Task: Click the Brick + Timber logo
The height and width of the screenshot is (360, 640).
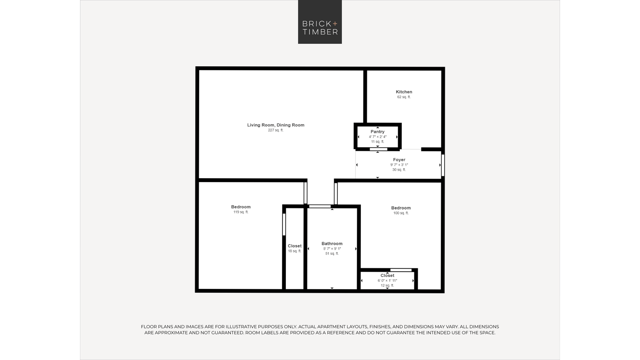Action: point(320,22)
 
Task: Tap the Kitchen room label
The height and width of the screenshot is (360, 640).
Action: point(404,92)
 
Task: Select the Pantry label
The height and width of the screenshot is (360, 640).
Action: point(378,132)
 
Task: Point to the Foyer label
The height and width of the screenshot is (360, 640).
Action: point(399,160)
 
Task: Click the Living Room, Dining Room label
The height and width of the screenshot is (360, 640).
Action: point(276,125)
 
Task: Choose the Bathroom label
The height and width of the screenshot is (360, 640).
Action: point(332,244)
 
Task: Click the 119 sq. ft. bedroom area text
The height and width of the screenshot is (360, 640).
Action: point(241,212)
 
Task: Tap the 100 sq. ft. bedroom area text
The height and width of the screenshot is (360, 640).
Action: point(401,213)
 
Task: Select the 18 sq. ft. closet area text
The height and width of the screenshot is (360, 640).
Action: point(294,251)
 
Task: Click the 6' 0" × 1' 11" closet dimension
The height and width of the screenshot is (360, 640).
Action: point(387,281)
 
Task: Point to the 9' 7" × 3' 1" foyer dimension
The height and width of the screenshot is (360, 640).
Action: point(399,165)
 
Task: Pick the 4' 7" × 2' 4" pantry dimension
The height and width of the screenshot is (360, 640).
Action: point(378,137)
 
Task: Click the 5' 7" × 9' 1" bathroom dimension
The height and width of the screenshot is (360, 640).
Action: point(332,249)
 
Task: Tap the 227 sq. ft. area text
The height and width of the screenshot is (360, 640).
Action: point(276,130)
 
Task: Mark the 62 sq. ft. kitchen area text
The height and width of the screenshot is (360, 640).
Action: point(404,97)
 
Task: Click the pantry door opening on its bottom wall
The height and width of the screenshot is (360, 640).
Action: point(379,149)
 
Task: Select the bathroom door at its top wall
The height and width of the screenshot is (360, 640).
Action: point(320,206)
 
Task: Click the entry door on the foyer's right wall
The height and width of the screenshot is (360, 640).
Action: point(443,165)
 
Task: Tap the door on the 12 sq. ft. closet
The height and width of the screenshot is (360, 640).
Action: point(401,270)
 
